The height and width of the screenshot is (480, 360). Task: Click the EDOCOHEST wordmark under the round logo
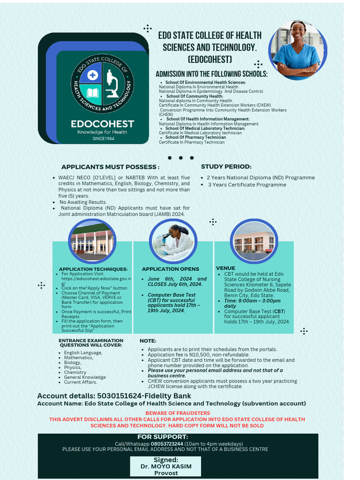102,124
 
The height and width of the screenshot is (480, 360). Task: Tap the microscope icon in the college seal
112,83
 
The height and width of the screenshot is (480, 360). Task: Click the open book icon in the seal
92,93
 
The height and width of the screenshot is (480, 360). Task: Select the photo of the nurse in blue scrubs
297,50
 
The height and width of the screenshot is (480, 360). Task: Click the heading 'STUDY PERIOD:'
226,166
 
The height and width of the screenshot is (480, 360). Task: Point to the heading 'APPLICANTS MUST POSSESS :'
110,167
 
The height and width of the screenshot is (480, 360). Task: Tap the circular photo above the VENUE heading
254,242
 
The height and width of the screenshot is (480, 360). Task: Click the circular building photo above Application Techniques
92,241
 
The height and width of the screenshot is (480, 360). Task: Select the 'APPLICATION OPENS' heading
171,269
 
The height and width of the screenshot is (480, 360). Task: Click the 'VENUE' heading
225,268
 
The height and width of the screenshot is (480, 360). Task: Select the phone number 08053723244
167,443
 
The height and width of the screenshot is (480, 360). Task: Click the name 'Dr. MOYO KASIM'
165,466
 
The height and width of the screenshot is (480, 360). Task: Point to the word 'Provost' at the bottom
166,473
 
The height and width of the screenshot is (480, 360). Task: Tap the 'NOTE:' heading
148,341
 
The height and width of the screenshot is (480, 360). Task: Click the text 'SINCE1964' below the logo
103,139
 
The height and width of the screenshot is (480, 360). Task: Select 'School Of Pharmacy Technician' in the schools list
195,137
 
